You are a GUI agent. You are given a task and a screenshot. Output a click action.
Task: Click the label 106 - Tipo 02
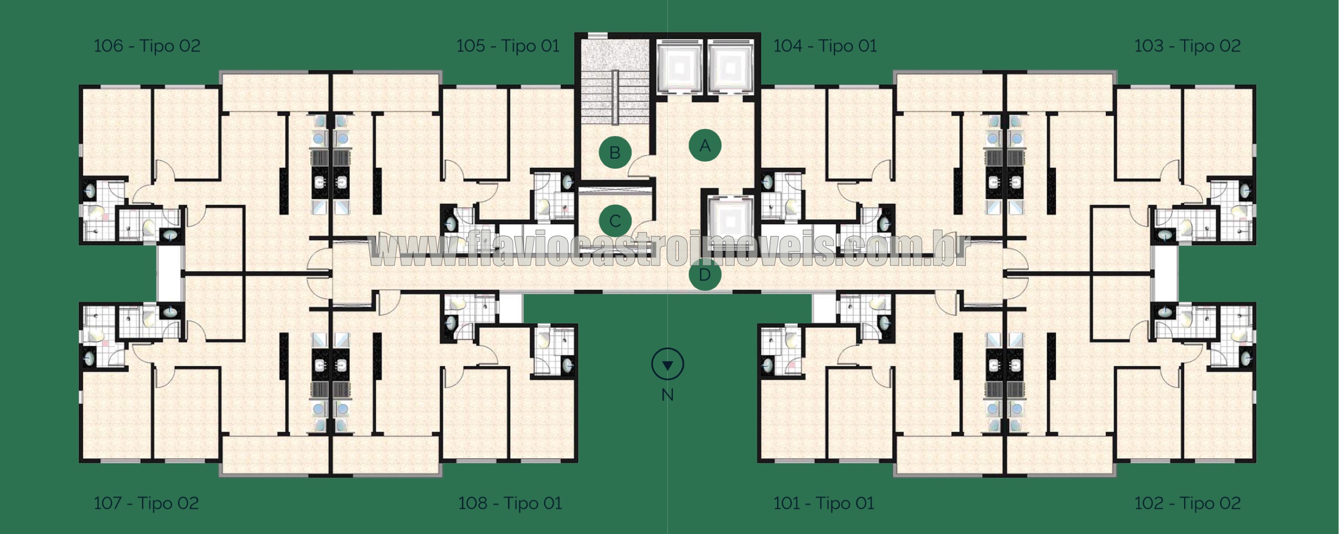click(x=147, y=46)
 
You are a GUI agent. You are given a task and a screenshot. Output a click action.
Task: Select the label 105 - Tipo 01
click(x=508, y=46)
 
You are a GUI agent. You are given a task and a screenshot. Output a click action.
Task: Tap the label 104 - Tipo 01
click(x=825, y=46)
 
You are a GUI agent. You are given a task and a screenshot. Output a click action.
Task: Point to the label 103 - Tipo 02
click(x=1187, y=46)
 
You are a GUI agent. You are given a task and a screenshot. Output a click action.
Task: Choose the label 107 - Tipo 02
click(x=146, y=503)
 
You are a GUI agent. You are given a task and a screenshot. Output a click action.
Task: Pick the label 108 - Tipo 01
click(x=510, y=503)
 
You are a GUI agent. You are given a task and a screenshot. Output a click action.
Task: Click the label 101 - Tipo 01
click(x=824, y=503)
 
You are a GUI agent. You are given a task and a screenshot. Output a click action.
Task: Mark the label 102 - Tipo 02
click(x=1187, y=503)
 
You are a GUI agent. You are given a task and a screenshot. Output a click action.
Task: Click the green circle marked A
click(x=705, y=145)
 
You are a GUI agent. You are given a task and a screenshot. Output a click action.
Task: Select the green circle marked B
click(x=615, y=153)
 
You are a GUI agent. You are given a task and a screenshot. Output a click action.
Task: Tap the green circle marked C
click(x=615, y=221)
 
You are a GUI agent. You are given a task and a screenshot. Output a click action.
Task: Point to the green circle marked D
click(x=705, y=275)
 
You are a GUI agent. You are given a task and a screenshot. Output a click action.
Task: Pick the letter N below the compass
click(x=667, y=395)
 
